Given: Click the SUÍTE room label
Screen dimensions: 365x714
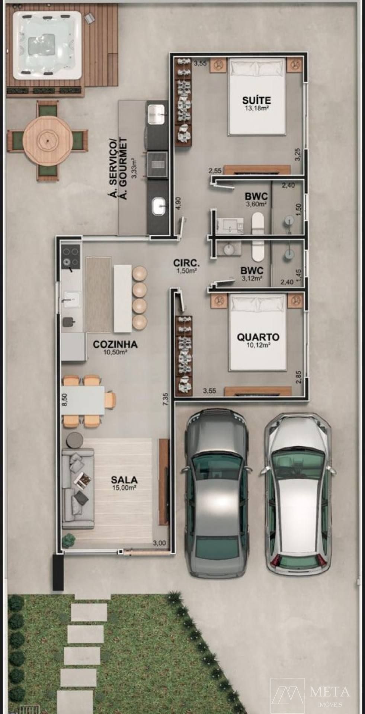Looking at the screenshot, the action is [x=256, y=100].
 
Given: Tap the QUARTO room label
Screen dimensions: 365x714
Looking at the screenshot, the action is [x=258, y=337].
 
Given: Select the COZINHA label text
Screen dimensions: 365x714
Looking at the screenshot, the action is [x=115, y=344].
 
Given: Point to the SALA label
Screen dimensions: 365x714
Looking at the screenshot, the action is [x=124, y=480].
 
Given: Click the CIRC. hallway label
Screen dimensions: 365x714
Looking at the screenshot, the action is [x=186, y=264].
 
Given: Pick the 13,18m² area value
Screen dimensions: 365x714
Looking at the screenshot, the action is [x=256, y=109].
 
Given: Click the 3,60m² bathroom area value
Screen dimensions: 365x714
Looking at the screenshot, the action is [x=256, y=204].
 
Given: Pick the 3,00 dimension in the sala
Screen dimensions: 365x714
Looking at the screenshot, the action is [x=159, y=543].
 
